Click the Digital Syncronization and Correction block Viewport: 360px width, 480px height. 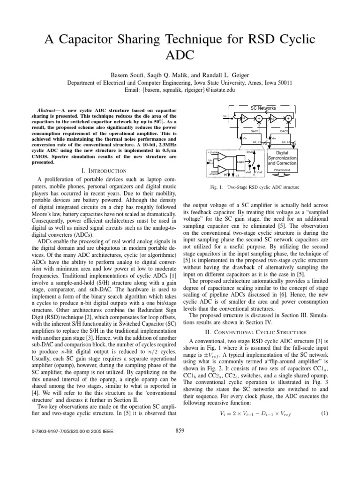[282, 157]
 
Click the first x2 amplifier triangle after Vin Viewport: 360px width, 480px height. [243, 118]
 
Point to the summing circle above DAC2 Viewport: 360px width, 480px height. [288, 119]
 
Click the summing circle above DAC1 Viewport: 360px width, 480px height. [259, 119]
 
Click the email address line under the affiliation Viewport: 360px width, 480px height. [180, 90]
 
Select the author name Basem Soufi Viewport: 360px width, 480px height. [126, 75]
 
